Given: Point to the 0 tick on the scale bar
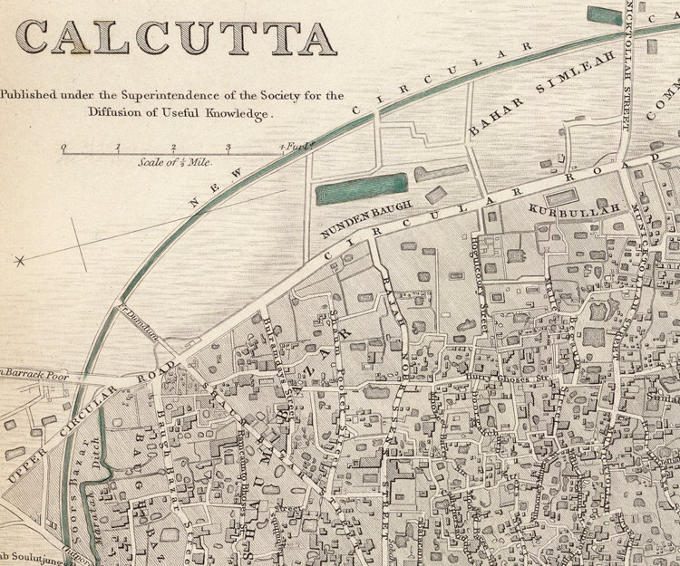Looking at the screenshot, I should pyautogui.click(x=63, y=148).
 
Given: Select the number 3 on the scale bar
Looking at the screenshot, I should pyautogui.click(x=228, y=148).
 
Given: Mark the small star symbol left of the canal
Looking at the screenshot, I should pyautogui.click(x=19, y=262).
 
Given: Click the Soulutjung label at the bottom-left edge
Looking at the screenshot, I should pyautogui.click(x=27, y=556).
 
